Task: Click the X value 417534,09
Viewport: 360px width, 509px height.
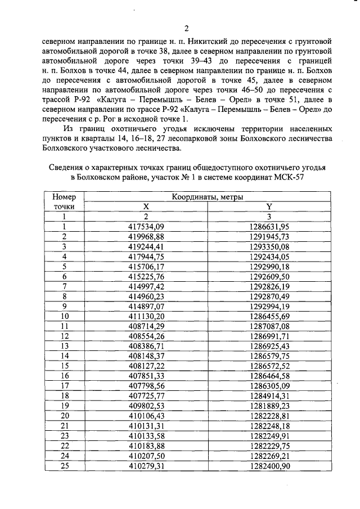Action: [145, 226]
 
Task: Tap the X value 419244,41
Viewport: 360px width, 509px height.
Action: [145, 246]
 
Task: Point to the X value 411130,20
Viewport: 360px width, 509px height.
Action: [145, 317]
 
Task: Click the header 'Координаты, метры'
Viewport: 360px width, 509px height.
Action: [208, 196]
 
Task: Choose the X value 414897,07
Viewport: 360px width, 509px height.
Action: [145, 307]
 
